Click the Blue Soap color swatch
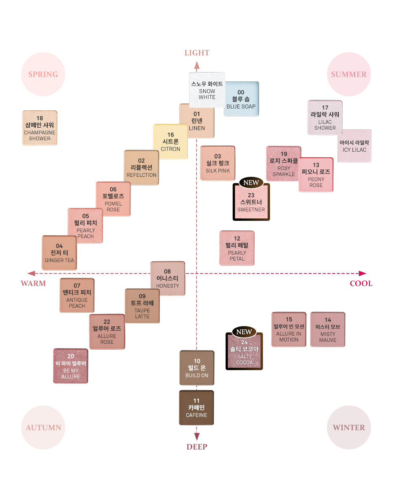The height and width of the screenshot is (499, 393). (x=241, y=99)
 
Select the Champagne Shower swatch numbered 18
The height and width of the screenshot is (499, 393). (x=40, y=128)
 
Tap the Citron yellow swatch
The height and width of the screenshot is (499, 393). (x=170, y=142)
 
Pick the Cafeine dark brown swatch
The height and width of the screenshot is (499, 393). (x=196, y=407)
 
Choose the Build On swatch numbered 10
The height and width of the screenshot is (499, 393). (x=197, y=368)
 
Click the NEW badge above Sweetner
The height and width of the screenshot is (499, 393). (x=251, y=182)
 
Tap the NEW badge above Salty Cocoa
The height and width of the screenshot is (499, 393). (x=244, y=332)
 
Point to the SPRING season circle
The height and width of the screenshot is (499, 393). (x=43, y=74)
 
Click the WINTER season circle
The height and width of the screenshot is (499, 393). (x=349, y=427)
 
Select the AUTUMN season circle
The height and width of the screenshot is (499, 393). (x=43, y=427)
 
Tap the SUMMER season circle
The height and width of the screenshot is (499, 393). (x=349, y=74)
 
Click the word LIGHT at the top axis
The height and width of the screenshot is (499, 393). (x=197, y=53)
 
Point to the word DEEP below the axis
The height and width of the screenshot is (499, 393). (x=197, y=447)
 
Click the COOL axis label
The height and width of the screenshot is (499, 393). (x=361, y=283)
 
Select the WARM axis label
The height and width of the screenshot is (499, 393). (x=33, y=283)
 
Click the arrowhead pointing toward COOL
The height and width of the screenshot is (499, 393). (x=363, y=273)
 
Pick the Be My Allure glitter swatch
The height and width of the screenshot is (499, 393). (x=70, y=366)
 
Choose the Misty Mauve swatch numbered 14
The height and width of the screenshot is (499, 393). (x=328, y=330)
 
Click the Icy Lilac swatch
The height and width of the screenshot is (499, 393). (x=354, y=146)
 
